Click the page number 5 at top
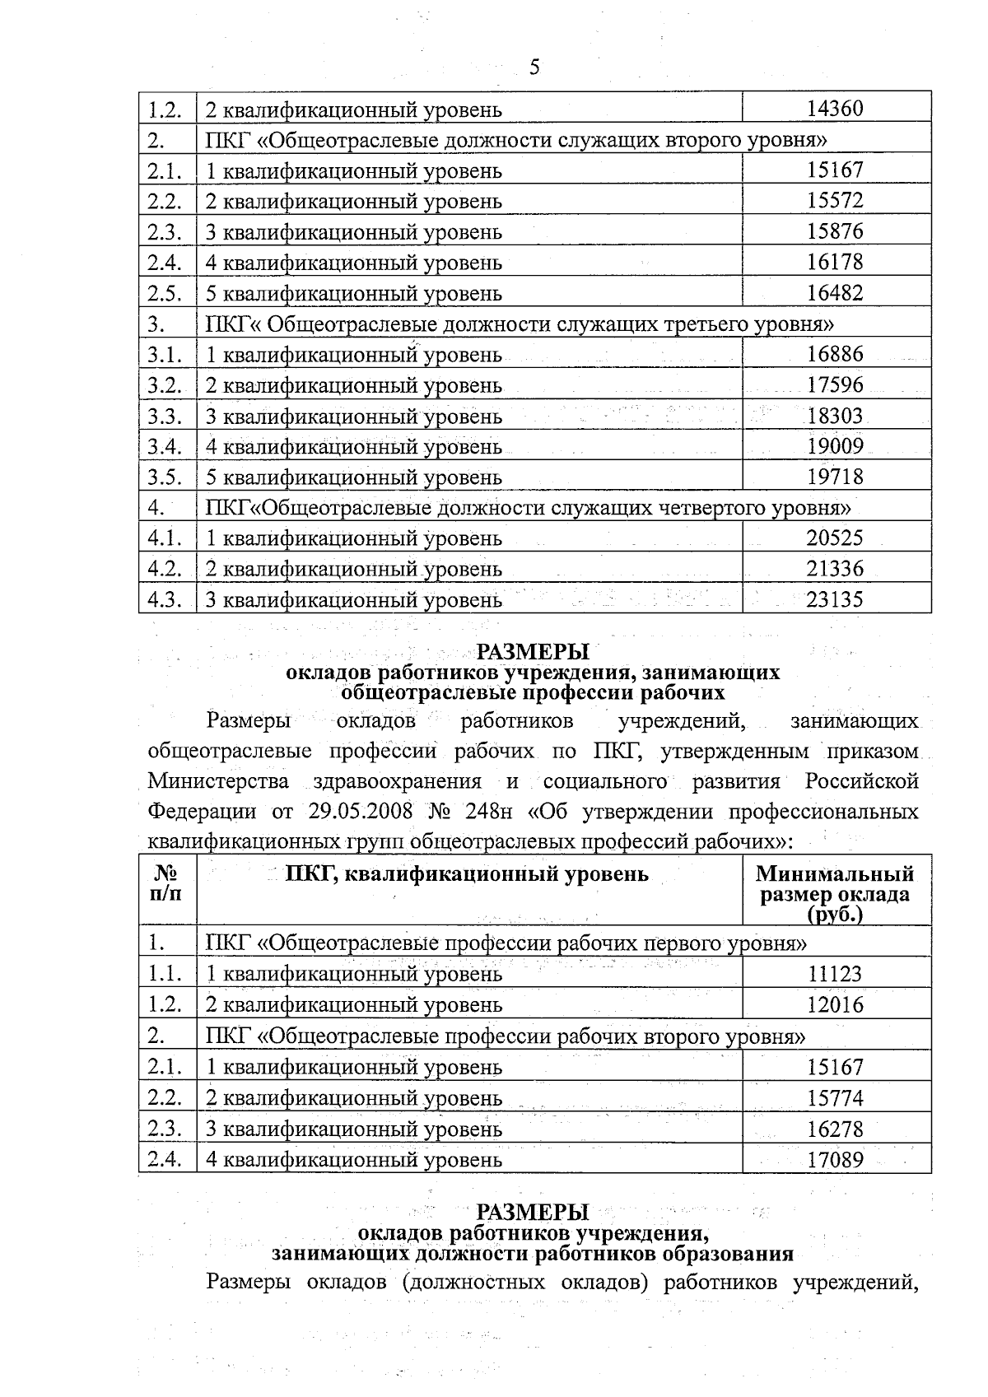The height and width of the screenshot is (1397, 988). tap(534, 67)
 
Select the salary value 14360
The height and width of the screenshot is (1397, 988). tap(835, 109)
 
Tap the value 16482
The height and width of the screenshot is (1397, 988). tap(835, 293)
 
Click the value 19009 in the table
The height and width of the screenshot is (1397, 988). tap(835, 447)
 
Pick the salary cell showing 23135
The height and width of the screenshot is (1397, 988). tap(835, 599)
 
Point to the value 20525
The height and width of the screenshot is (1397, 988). tap(835, 538)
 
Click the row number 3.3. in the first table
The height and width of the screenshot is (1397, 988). tap(165, 417)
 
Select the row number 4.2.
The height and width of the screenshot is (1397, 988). tap(165, 569)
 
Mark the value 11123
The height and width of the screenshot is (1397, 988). tap(835, 974)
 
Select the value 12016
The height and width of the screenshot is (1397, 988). tap(835, 1004)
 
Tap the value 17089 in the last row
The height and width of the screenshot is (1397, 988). tap(835, 1160)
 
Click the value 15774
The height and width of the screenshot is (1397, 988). tap(835, 1098)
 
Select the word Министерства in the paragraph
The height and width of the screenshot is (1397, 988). tap(218, 781)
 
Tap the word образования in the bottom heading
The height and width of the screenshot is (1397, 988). tap(722, 1254)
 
